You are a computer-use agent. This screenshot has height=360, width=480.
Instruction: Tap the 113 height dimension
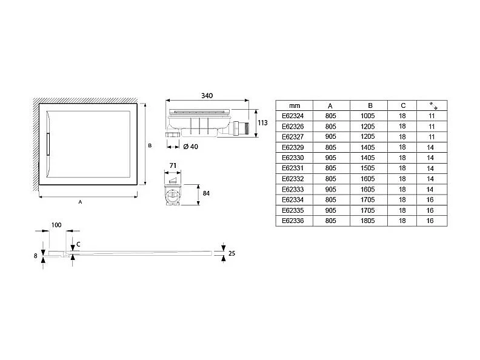coord(262,122)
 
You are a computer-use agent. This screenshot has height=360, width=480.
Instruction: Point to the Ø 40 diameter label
coord(191,146)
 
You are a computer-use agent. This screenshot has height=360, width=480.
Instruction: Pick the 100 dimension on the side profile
coord(56,225)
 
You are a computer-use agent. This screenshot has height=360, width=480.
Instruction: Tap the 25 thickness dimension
coord(232,254)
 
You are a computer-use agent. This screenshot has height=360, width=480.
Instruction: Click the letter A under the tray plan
coord(80,202)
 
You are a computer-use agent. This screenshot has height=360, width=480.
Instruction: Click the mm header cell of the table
coord(295,105)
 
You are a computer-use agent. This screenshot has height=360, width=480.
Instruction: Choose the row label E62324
coord(293,116)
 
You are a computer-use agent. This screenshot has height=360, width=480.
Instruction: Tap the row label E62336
coord(293,221)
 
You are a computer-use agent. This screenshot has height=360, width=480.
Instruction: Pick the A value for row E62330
coord(330,158)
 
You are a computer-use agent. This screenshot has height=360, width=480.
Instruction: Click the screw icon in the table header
coord(431,105)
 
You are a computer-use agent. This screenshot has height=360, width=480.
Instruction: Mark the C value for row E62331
coord(402,168)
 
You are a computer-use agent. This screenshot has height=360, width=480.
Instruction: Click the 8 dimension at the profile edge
coord(36,256)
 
